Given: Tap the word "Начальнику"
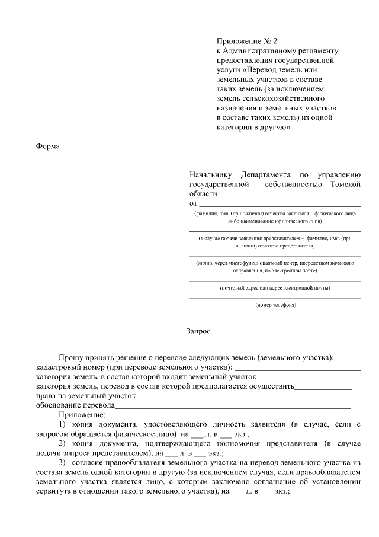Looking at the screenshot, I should tap(211, 175).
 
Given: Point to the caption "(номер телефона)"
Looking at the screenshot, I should tap(275, 305).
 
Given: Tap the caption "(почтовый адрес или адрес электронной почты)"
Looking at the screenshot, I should tap(275, 288).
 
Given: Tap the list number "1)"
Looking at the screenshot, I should tap(62, 425).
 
